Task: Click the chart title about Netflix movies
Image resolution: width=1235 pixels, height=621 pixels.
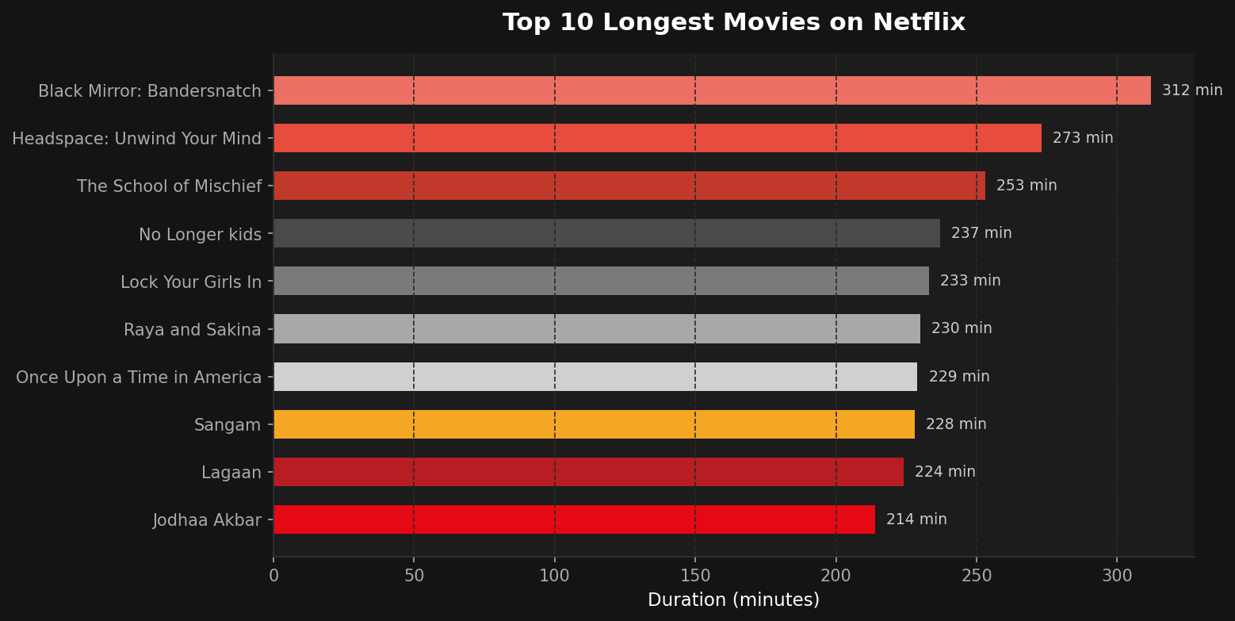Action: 733,22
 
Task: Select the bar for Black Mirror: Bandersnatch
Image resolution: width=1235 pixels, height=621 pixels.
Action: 712,90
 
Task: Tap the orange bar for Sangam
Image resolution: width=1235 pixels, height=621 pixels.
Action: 594,424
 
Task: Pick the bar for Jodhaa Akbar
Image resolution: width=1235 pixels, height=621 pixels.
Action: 574,519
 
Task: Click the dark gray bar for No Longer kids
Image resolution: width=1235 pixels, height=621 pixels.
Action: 606,233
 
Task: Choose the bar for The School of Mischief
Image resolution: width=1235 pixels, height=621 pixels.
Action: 629,186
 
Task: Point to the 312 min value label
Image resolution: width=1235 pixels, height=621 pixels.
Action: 1191,90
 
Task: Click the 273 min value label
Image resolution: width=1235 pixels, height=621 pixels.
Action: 1082,138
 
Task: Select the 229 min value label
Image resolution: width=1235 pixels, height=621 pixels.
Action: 958,377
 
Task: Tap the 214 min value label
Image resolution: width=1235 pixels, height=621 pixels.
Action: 916,519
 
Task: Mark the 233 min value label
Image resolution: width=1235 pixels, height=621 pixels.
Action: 969,281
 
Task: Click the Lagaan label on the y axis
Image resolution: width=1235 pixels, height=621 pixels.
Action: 231,473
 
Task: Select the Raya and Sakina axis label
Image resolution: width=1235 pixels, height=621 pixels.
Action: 192,330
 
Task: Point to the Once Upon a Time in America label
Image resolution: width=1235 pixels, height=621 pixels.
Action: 139,378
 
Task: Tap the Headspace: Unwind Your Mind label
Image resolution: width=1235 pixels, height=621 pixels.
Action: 136,139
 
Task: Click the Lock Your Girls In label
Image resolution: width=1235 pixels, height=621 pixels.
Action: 190,282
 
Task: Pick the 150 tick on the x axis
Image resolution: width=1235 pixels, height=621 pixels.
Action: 695,576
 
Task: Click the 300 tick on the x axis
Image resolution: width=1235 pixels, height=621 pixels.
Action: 1117,576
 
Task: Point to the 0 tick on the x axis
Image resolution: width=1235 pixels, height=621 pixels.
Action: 273,576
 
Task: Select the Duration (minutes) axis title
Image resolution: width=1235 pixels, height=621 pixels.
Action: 733,600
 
